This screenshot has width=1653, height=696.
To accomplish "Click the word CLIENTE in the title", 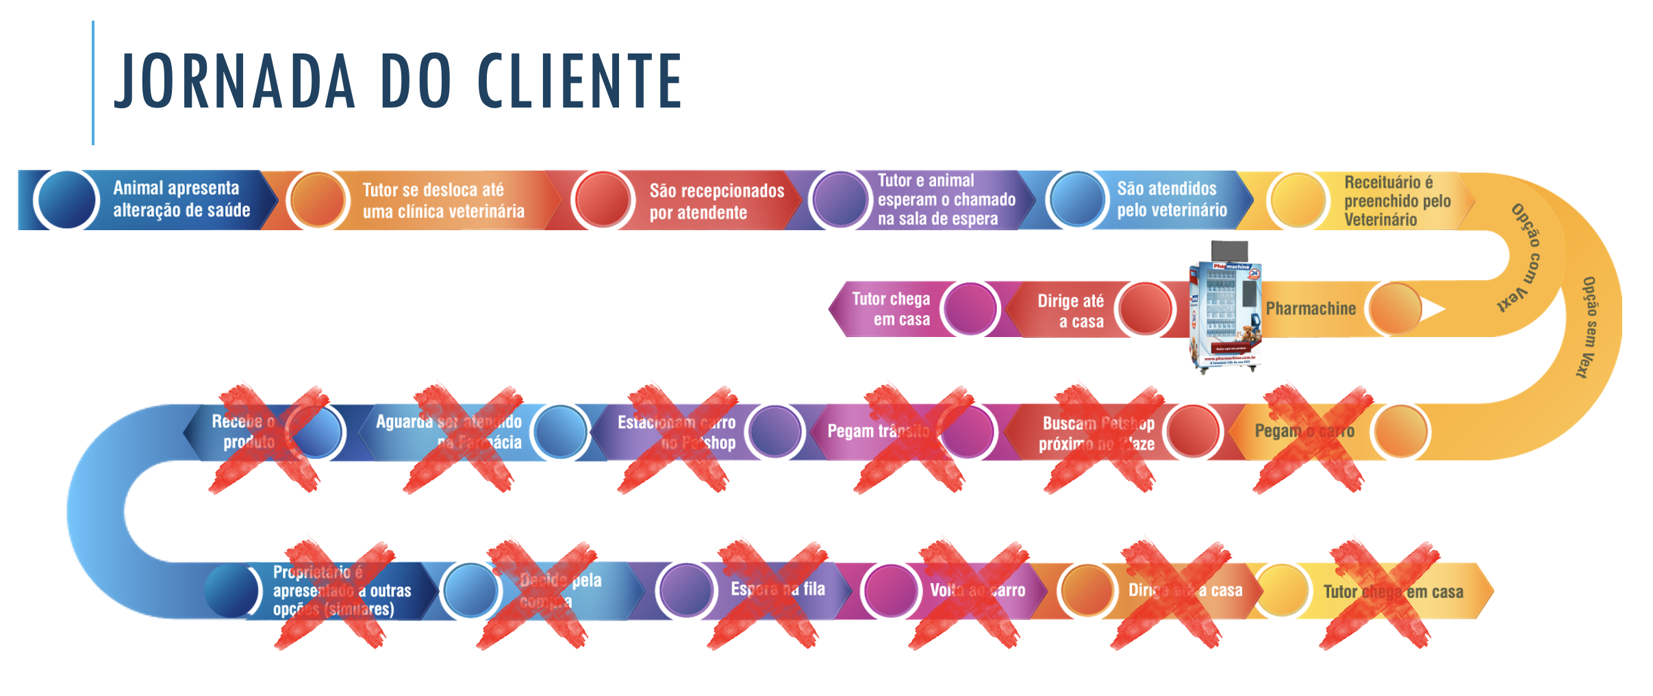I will coord(579,81).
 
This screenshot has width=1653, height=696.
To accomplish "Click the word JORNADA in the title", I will coord(234,81).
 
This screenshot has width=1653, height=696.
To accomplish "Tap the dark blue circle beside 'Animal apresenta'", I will coord(66,200).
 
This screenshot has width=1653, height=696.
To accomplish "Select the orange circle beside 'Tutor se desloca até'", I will coord(317,200).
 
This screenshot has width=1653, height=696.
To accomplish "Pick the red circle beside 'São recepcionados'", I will coord(602,200).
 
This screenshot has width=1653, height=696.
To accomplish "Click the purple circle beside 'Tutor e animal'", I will coord(840,200).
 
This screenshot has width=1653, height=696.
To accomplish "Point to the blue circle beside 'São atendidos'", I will coord(1076,200).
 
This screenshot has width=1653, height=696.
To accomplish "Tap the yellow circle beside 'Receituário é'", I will coord(1297,200).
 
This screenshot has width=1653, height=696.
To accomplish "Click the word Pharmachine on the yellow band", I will coord(1311,309).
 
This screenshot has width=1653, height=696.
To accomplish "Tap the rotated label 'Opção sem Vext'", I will coord(1589,327).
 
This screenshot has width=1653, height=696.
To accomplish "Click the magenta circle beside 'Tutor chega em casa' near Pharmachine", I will coord(970,309).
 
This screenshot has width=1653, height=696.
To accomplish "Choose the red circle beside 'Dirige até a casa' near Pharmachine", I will coord(1145,309).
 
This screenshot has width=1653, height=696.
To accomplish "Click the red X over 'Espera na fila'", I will coord(766,594).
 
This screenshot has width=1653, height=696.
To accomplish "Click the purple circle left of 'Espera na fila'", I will coord(685,590).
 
